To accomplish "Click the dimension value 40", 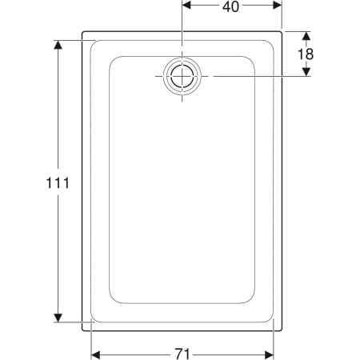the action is click(x=230, y=7).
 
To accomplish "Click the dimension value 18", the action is click(x=306, y=54).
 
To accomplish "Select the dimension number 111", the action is click(x=58, y=183).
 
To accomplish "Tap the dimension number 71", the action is click(x=182, y=354).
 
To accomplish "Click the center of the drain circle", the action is click(x=182, y=76).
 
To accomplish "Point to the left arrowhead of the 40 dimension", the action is click(x=186, y=5).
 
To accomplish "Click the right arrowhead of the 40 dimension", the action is click(x=278, y=5).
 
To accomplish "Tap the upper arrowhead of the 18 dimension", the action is click(x=306, y=36).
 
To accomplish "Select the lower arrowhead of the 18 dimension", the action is click(x=306, y=71).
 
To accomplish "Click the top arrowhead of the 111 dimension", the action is click(x=58, y=45).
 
